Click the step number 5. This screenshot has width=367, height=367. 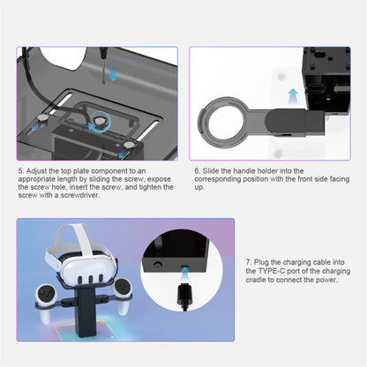click(x=20, y=171)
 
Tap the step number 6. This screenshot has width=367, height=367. click(x=197, y=171)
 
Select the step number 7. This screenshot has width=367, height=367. click(x=249, y=262)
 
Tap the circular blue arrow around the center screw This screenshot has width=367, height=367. click(x=100, y=123)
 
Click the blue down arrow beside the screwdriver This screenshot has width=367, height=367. click(x=113, y=73)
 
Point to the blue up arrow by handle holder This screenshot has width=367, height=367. click(x=293, y=96)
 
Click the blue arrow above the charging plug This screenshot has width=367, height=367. click(x=184, y=275)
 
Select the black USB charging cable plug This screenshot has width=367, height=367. click(x=184, y=296)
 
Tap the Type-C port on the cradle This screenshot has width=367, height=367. click(x=184, y=266)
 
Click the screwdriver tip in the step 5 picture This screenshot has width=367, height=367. click(x=103, y=82)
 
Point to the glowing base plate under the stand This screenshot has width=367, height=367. click(x=84, y=331)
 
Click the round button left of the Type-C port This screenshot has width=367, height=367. click(x=158, y=264)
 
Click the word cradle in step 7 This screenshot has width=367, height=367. click(x=255, y=280)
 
